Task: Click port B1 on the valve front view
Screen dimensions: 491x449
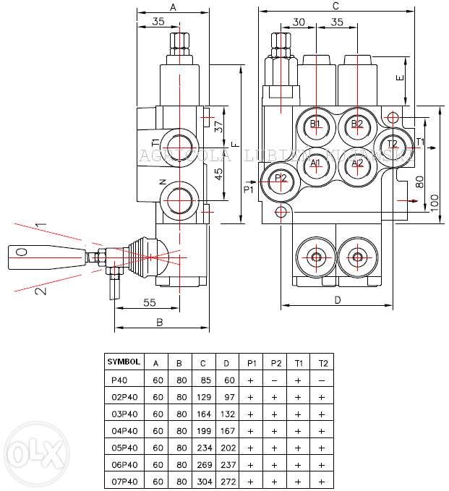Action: point(315,124)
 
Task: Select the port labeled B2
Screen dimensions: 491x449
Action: point(356,124)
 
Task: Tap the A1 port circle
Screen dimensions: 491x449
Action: point(315,163)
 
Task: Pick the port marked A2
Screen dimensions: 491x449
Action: point(356,163)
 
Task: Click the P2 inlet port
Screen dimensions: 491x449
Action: point(281,179)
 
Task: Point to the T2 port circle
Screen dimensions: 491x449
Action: point(392,143)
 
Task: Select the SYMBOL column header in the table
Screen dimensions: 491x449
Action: point(124,361)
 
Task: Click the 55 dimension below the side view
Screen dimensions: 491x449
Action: point(149,303)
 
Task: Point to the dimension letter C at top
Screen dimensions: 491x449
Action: point(336,7)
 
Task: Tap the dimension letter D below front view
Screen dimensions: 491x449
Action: point(337,299)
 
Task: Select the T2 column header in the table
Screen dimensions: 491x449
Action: point(322,361)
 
